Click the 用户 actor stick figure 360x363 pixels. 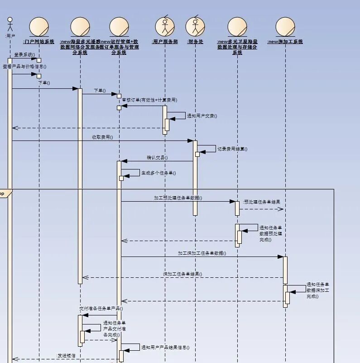point(10,24)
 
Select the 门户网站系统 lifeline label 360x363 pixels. point(38,42)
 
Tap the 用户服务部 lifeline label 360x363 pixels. point(165,42)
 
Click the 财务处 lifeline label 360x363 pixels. point(195,42)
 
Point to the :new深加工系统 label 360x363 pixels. point(285,42)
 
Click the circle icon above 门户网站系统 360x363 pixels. point(39,27)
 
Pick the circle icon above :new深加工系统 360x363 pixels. point(285,27)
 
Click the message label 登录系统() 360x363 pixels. point(24,55)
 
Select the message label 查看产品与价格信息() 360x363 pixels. point(24,66)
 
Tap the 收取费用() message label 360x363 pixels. point(102,137)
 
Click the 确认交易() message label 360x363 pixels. point(157,158)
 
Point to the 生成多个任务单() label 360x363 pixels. point(158,173)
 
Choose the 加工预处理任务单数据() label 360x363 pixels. point(178,198)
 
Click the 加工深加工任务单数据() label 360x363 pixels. point(202,253)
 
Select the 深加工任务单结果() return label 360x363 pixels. point(182,274)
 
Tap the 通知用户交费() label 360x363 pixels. point(202,116)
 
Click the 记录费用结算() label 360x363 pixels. point(232,149)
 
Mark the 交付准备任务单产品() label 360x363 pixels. point(101,309)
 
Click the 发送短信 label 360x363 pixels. point(66,356)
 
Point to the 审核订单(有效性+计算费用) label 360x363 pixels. point(149,100)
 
